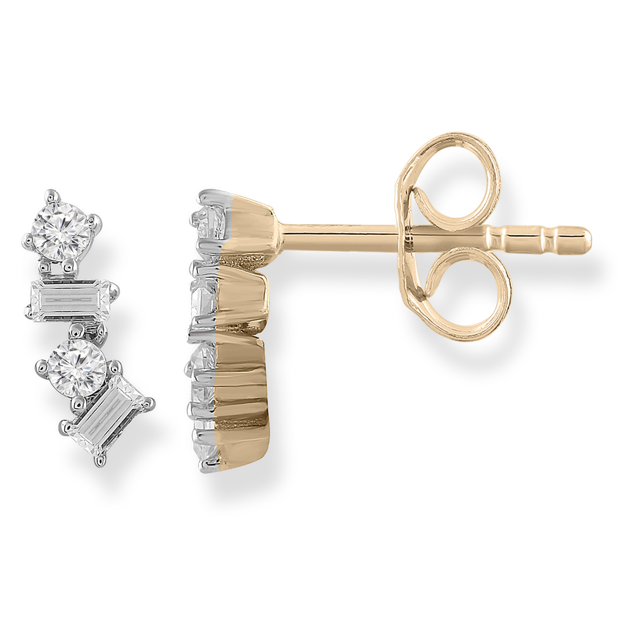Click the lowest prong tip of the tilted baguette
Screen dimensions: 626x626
(101, 460)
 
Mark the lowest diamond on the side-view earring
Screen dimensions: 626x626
(205, 450)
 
